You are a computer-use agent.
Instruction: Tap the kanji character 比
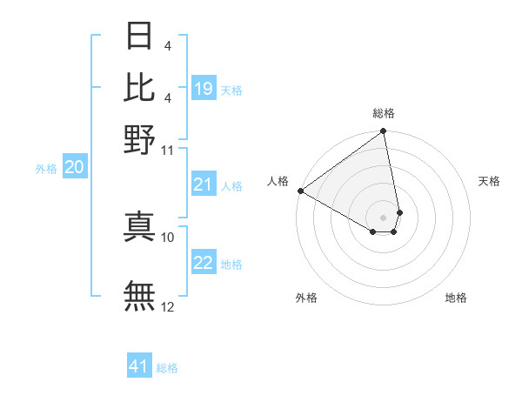coord(139,87)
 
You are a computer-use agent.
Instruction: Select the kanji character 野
coord(139,138)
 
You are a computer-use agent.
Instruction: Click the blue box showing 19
coord(204,89)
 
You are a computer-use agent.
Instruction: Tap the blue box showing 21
coord(204,184)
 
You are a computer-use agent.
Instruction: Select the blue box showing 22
coord(204,264)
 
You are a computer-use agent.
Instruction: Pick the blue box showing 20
coord(75,168)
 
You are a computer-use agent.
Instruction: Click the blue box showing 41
coord(139,366)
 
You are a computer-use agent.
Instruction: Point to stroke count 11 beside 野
coord(168,150)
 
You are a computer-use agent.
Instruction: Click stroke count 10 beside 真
coord(168,237)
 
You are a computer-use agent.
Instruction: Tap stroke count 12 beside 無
coord(168,306)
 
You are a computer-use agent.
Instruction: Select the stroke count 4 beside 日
coord(167,45)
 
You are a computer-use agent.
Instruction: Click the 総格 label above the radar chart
coord(384,113)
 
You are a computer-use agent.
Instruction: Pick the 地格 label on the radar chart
coord(456,298)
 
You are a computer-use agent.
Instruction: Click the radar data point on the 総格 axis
coord(384,132)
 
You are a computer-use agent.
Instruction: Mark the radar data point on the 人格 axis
coord(300,191)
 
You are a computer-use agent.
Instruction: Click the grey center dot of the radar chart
coord(384,217)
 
